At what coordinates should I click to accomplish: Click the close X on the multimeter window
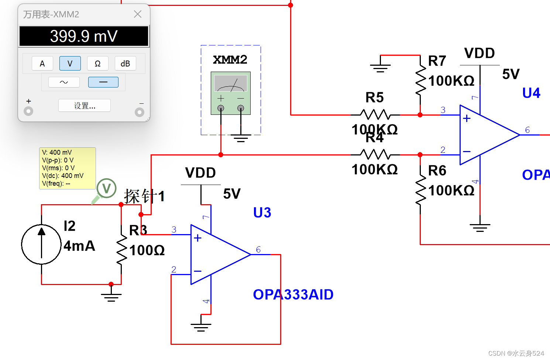138,14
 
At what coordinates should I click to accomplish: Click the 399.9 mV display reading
84,36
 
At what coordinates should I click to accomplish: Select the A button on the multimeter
42,64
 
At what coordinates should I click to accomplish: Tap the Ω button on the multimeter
98,64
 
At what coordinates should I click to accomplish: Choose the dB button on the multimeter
125,64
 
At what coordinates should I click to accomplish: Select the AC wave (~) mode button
64,82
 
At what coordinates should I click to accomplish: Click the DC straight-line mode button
103,82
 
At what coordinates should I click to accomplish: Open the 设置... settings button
85,106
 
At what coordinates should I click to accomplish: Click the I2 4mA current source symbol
41,244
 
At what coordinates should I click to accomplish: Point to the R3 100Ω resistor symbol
121,249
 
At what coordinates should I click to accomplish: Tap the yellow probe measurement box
68,168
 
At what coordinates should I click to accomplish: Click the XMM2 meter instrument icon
231,93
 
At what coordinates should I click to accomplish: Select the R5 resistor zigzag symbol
375,115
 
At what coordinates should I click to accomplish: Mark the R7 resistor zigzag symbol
420,80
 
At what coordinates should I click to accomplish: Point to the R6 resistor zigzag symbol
420,189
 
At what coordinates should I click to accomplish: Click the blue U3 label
262,212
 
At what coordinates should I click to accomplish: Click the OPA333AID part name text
293,294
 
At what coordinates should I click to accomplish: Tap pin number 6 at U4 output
527,130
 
